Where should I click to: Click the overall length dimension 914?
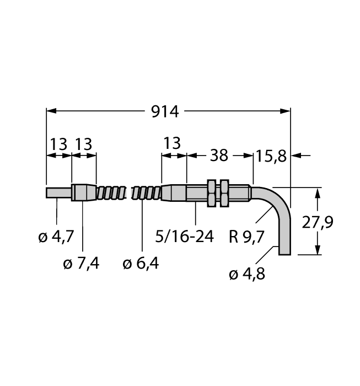165,112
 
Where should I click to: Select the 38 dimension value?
219,156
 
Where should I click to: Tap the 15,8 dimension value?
271,156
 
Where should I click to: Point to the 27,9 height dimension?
318,222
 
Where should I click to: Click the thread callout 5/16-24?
184,237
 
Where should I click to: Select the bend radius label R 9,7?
246,237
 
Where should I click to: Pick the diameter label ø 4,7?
56,237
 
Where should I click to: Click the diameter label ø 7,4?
81,264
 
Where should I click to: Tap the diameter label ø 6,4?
141,264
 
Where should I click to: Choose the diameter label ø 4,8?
247,274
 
